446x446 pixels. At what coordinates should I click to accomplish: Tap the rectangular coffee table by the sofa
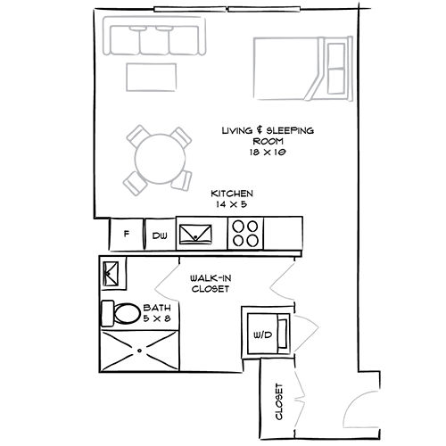pyautogui.click(x=151, y=77)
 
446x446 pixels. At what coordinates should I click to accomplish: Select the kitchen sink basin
pyautogui.click(x=195, y=235)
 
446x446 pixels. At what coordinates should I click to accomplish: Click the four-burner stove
pyautogui.click(x=245, y=234)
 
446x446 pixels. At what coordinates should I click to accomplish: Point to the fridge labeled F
pyautogui.click(x=127, y=234)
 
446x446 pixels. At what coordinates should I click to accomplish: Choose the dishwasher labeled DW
pyautogui.click(x=160, y=235)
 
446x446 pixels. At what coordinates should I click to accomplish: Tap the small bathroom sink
pyautogui.click(x=111, y=273)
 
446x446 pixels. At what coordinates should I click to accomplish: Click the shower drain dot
pyautogui.click(x=139, y=351)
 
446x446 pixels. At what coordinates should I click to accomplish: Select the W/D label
pyautogui.click(x=263, y=335)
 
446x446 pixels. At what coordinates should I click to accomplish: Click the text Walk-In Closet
pyautogui.click(x=211, y=284)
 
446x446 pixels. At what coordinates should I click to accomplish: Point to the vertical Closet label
pyautogui.click(x=279, y=401)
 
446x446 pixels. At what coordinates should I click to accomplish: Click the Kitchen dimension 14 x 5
pyautogui.click(x=232, y=204)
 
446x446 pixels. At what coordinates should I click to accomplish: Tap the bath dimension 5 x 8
pyautogui.click(x=157, y=318)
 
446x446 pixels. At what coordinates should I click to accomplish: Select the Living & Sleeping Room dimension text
pyautogui.click(x=268, y=153)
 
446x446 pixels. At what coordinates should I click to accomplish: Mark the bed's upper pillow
pyautogui.click(x=336, y=55)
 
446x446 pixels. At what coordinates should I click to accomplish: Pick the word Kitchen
pyautogui.click(x=232, y=194)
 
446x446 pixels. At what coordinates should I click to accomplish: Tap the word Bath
pyautogui.click(x=157, y=308)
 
